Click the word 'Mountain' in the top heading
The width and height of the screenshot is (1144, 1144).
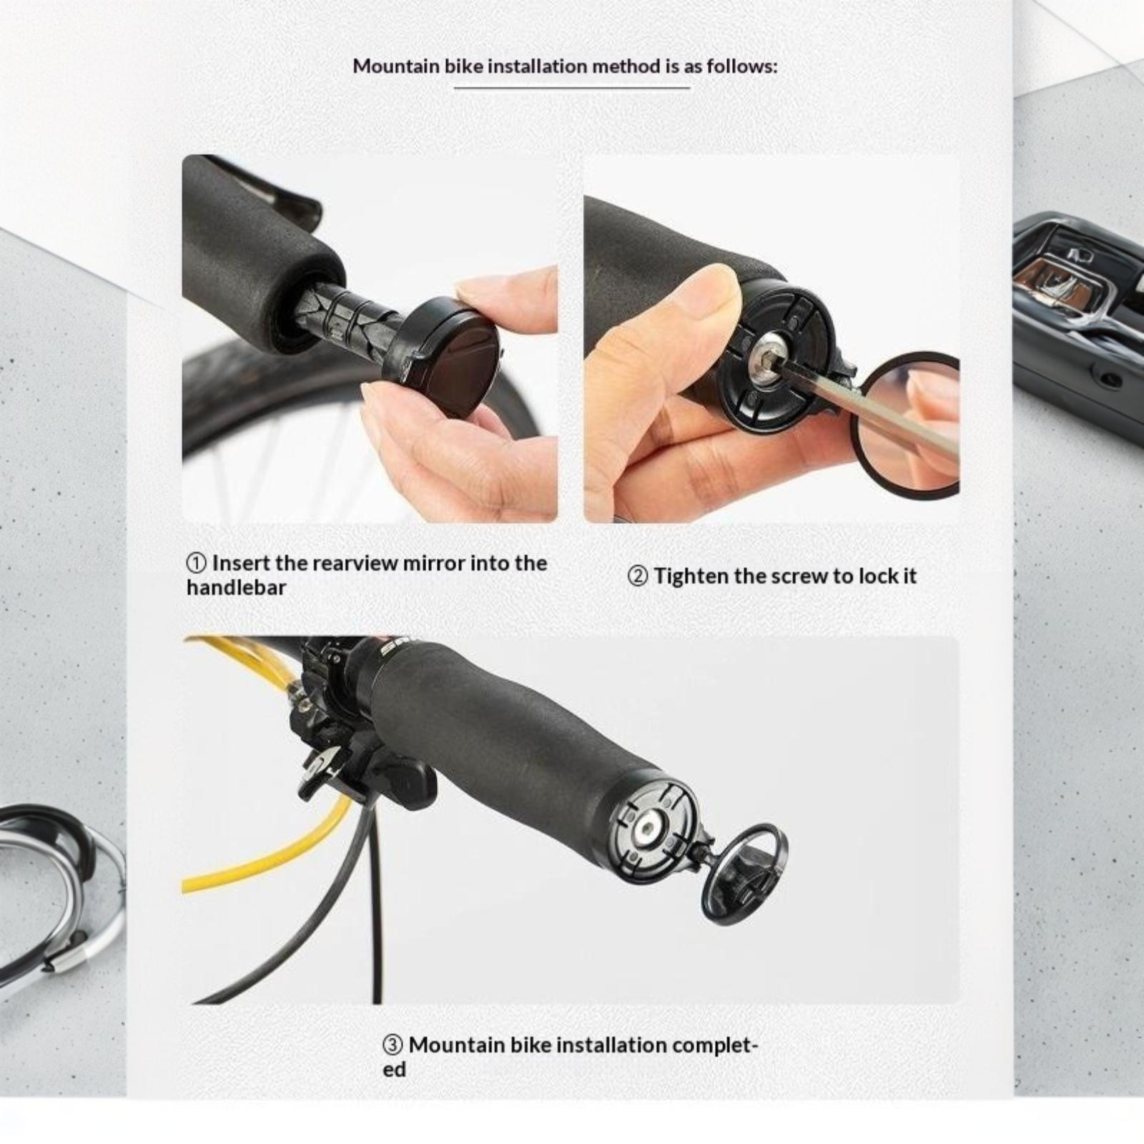tap(396, 66)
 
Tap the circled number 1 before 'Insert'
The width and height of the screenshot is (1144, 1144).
tap(197, 563)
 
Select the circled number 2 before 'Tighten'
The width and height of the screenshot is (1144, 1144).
tap(638, 576)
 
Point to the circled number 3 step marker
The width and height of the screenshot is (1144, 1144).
tap(393, 1045)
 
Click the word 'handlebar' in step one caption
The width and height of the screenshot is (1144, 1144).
tap(236, 588)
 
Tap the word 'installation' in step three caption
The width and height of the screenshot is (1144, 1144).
tap(612, 1045)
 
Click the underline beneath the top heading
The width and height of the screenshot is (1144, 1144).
tap(572, 88)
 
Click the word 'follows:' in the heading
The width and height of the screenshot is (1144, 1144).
tap(741, 66)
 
